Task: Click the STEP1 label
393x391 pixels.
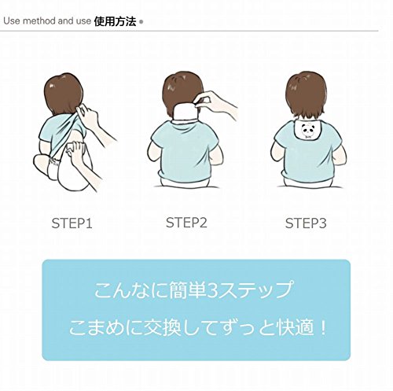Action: tap(72, 223)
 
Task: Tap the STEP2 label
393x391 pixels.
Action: tap(186, 223)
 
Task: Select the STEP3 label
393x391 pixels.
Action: tap(306, 223)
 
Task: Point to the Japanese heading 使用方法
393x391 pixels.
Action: tap(115, 21)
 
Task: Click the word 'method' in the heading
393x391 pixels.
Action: tap(39, 21)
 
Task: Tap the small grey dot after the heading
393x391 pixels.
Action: tap(141, 22)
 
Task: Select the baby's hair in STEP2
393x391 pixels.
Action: tap(182, 89)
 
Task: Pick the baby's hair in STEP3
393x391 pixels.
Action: tap(306, 94)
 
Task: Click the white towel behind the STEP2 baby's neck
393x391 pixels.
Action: tap(185, 112)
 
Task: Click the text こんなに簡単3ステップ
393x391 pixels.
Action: tap(193, 290)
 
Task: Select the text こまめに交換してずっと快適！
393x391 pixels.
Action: tap(197, 328)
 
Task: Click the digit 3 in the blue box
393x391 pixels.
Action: tap(211, 290)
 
